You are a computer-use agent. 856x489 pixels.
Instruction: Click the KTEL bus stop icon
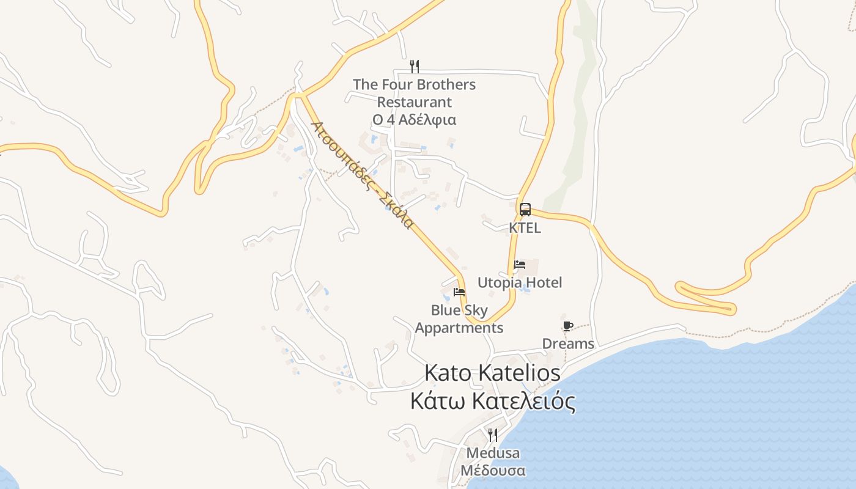point(525,210)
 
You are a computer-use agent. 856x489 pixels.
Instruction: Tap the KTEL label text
point(525,228)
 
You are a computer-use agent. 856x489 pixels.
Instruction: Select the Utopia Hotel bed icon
point(520,265)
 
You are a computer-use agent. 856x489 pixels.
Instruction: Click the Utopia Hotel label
point(519,283)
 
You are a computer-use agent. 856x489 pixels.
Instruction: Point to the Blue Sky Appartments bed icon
point(459,292)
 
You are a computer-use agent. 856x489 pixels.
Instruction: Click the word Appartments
point(459,328)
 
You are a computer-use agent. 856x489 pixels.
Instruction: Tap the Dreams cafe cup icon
point(568,326)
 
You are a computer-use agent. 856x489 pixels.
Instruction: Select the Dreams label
point(568,344)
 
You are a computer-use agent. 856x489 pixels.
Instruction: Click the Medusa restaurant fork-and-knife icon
point(492,435)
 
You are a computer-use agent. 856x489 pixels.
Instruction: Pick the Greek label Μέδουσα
point(493,471)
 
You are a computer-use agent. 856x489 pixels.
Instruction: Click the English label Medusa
point(493,454)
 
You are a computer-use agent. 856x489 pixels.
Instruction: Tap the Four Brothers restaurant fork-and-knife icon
point(415,66)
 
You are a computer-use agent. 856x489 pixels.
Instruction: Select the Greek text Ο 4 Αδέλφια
point(415,120)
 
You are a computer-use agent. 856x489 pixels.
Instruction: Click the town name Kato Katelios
point(492,373)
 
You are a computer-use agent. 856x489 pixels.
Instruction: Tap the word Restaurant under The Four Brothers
point(415,102)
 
